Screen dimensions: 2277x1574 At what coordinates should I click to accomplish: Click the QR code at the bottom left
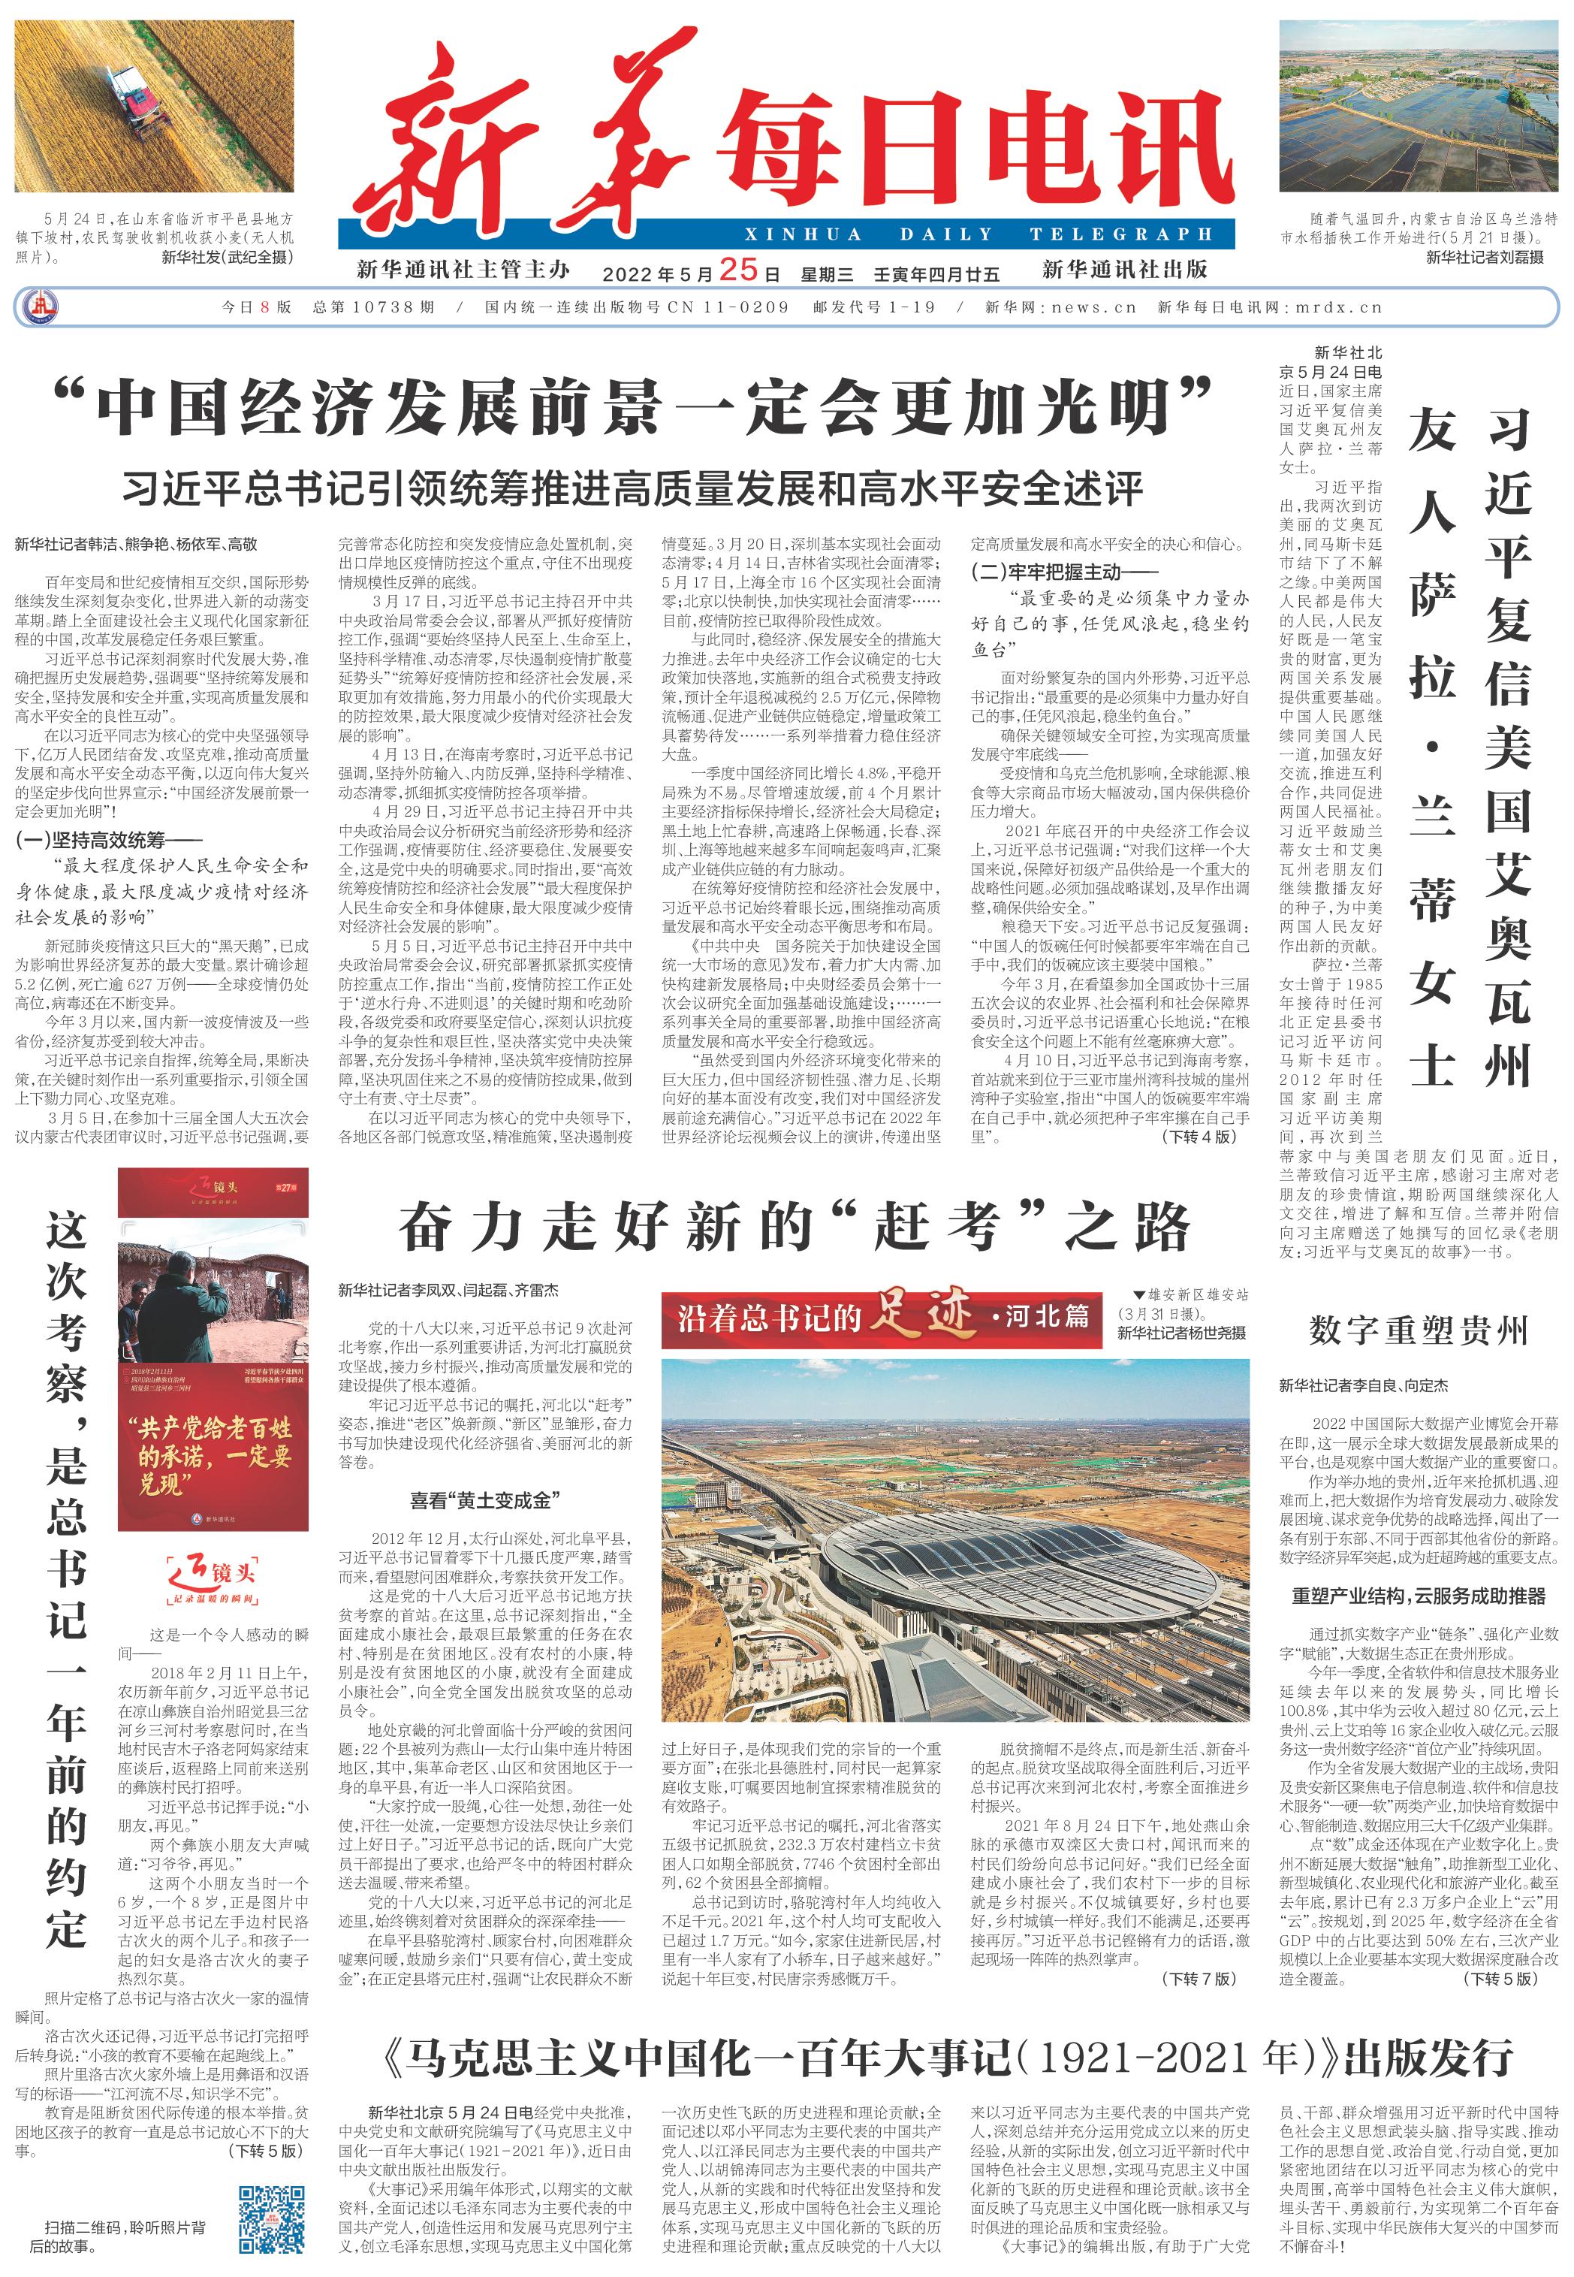coord(271,2221)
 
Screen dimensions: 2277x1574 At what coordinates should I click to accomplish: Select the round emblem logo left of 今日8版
coord(41,307)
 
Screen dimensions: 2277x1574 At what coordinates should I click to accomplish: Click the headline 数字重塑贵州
coord(1419,1331)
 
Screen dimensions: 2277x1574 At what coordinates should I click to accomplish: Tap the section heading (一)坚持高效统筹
coord(108,841)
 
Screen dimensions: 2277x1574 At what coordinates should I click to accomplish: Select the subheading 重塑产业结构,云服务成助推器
coord(1419,1596)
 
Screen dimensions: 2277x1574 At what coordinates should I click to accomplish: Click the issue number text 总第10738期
coord(374,307)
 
